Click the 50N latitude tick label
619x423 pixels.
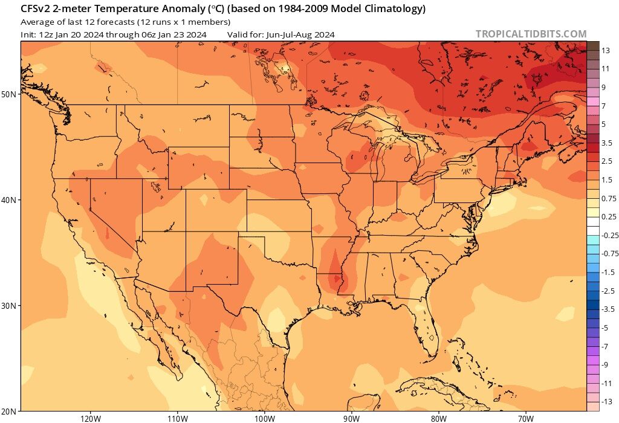point(10,94)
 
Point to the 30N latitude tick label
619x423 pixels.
point(10,306)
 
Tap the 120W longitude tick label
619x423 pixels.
point(89,418)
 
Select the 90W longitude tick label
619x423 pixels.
point(351,418)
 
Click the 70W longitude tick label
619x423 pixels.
point(525,418)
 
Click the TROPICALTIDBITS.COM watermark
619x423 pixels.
point(531,34)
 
